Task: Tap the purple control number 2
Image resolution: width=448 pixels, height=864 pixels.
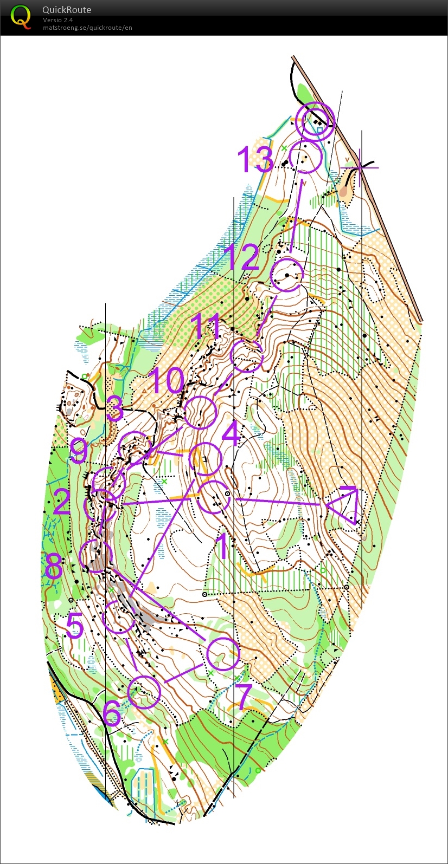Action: pos(62,502)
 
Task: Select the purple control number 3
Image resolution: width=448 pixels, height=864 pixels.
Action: pos(114,409)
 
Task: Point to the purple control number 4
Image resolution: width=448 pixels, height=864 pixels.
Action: pos(231,433)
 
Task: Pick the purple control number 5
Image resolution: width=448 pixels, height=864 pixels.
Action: pos(75,626)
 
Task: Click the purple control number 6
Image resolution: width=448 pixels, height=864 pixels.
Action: pos(112,712)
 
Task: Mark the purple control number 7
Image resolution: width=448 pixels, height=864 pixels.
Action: pos(244,697)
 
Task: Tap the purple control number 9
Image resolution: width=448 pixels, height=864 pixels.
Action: pos(79,451)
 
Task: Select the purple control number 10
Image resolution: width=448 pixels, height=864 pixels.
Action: pos(166,380)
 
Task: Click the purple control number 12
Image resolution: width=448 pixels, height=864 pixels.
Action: pos(242,257)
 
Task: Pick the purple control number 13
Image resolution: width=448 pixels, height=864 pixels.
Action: pos(255,159)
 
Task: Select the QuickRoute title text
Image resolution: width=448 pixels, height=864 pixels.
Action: pos(67,10)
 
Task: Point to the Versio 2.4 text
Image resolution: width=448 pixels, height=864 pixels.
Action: pos(58,20)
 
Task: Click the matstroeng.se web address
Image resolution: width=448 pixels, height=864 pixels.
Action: pos(87,28)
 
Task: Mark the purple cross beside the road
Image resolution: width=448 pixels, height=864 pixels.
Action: pos(360,167)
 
